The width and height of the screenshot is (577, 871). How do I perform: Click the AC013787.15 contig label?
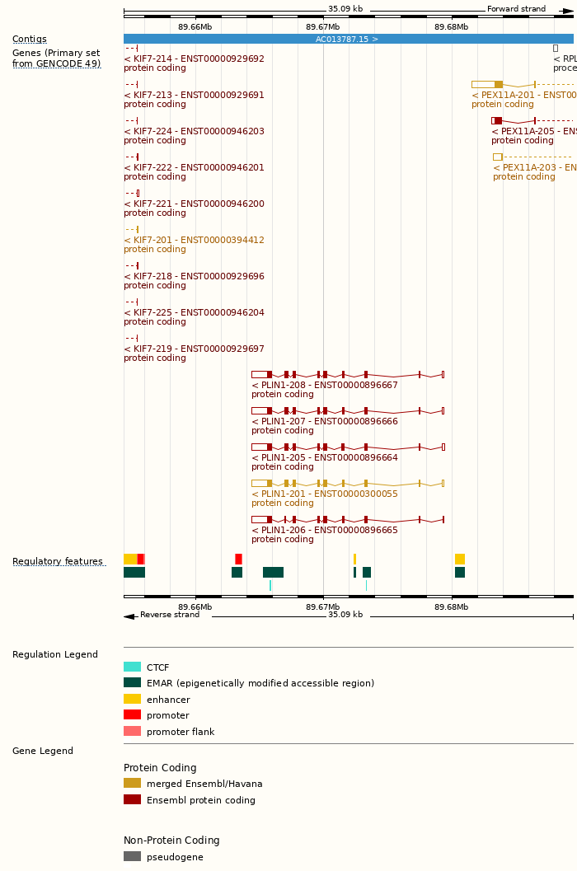click(347, 39)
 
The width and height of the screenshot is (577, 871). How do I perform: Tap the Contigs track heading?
click(30, 39)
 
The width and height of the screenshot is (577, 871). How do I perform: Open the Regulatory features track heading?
click(58, 561)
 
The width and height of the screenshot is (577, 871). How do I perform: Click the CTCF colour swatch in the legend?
click(132, 667)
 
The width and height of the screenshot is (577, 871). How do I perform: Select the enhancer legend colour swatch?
click(132, 699)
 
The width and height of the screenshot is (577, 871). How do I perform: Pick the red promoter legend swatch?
click(132, 714)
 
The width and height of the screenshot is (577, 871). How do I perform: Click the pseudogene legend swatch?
click(132, 856)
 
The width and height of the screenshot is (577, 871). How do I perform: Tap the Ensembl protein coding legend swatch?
click(132, 799)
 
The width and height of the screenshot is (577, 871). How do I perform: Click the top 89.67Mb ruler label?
click(322, 26)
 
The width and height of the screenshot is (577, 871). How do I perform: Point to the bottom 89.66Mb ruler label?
click(195, 606)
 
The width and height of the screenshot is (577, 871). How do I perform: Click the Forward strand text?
click(516, 9)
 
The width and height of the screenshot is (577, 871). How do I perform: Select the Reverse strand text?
click(169, 615)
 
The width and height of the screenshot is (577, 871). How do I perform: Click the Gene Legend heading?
click(43, 751)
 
